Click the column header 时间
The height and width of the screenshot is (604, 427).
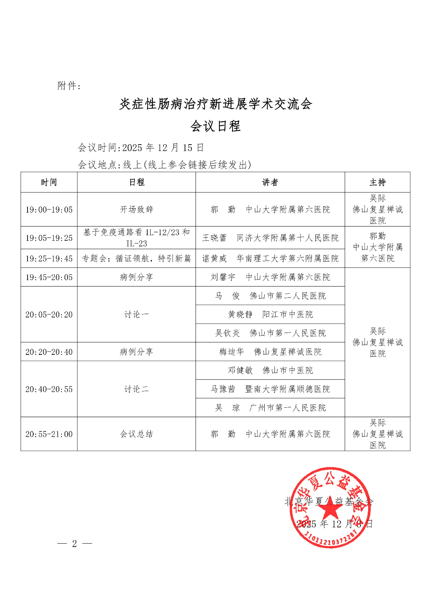(x=49, y=182)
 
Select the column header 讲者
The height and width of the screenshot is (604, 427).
(x=270, y=182)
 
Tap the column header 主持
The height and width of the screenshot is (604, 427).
(x=377, y=182)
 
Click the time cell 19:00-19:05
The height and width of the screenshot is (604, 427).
(x=49, y=210)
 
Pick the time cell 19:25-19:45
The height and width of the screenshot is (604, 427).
(x=49, y=259)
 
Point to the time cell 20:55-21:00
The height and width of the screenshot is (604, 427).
(x=49, y=434)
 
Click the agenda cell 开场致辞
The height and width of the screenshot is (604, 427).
(x=136, y=210)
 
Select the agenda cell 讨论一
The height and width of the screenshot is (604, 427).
(x=136, y=314)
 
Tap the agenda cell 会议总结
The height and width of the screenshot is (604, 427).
(x=136, y=434)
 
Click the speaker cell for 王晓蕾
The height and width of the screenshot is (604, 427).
(x=270, y=238)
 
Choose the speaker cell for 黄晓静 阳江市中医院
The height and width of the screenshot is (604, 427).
(x=270, y=314)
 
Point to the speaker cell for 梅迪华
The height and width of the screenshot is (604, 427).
(x=270, y=352)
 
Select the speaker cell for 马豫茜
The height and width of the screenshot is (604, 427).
(x=270, y=389)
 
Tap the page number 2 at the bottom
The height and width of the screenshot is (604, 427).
(x=74, y=544)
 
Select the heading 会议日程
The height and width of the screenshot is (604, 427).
(x=215, y=126)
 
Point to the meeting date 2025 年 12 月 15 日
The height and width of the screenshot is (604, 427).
(x=163, y=148)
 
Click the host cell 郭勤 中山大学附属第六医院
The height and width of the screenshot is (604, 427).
(x=377, y=247)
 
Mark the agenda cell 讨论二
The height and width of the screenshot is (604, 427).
(x=136, y=389)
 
